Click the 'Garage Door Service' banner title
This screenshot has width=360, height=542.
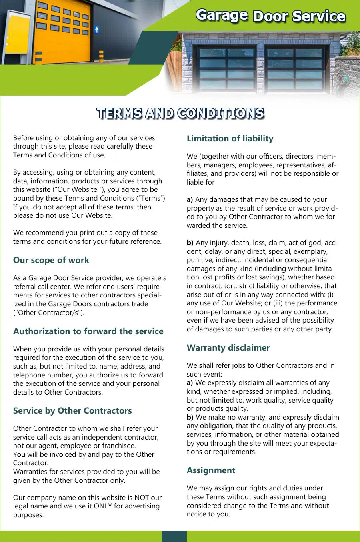pyautogui.click(x=270, y=16)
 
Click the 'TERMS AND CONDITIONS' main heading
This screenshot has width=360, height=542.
pyautogui.click(x=180, y=114)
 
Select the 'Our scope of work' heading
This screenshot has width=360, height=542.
pyautogui.click(x=51, y=260)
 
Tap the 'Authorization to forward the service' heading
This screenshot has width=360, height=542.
pyautogui.click(x=88, y=331)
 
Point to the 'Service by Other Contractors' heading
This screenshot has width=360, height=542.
pyautogui.click(x=72, y=411)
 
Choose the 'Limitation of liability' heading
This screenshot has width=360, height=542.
pyautogui.click(x=230, y=139)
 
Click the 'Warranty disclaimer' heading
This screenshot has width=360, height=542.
pyautogui.click(x=228, y=348)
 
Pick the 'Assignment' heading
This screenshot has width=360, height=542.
pyautogui.click(x=211, y=470)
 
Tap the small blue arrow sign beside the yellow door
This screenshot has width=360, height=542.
pyautogui.click(x=97, y=30)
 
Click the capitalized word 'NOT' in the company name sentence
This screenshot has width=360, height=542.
pyautogui.click(x=142, y=498)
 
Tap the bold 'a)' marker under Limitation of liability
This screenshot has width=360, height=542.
pyautogui.click(x=190, y=199)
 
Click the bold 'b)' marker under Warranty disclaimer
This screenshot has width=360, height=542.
pyautogui.click(x=190, y=417)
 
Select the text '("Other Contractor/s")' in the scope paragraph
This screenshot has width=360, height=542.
pyautogui.click(x=48, y=313)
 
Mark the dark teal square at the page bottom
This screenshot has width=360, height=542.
pyautogui.click(x=174, y=536)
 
